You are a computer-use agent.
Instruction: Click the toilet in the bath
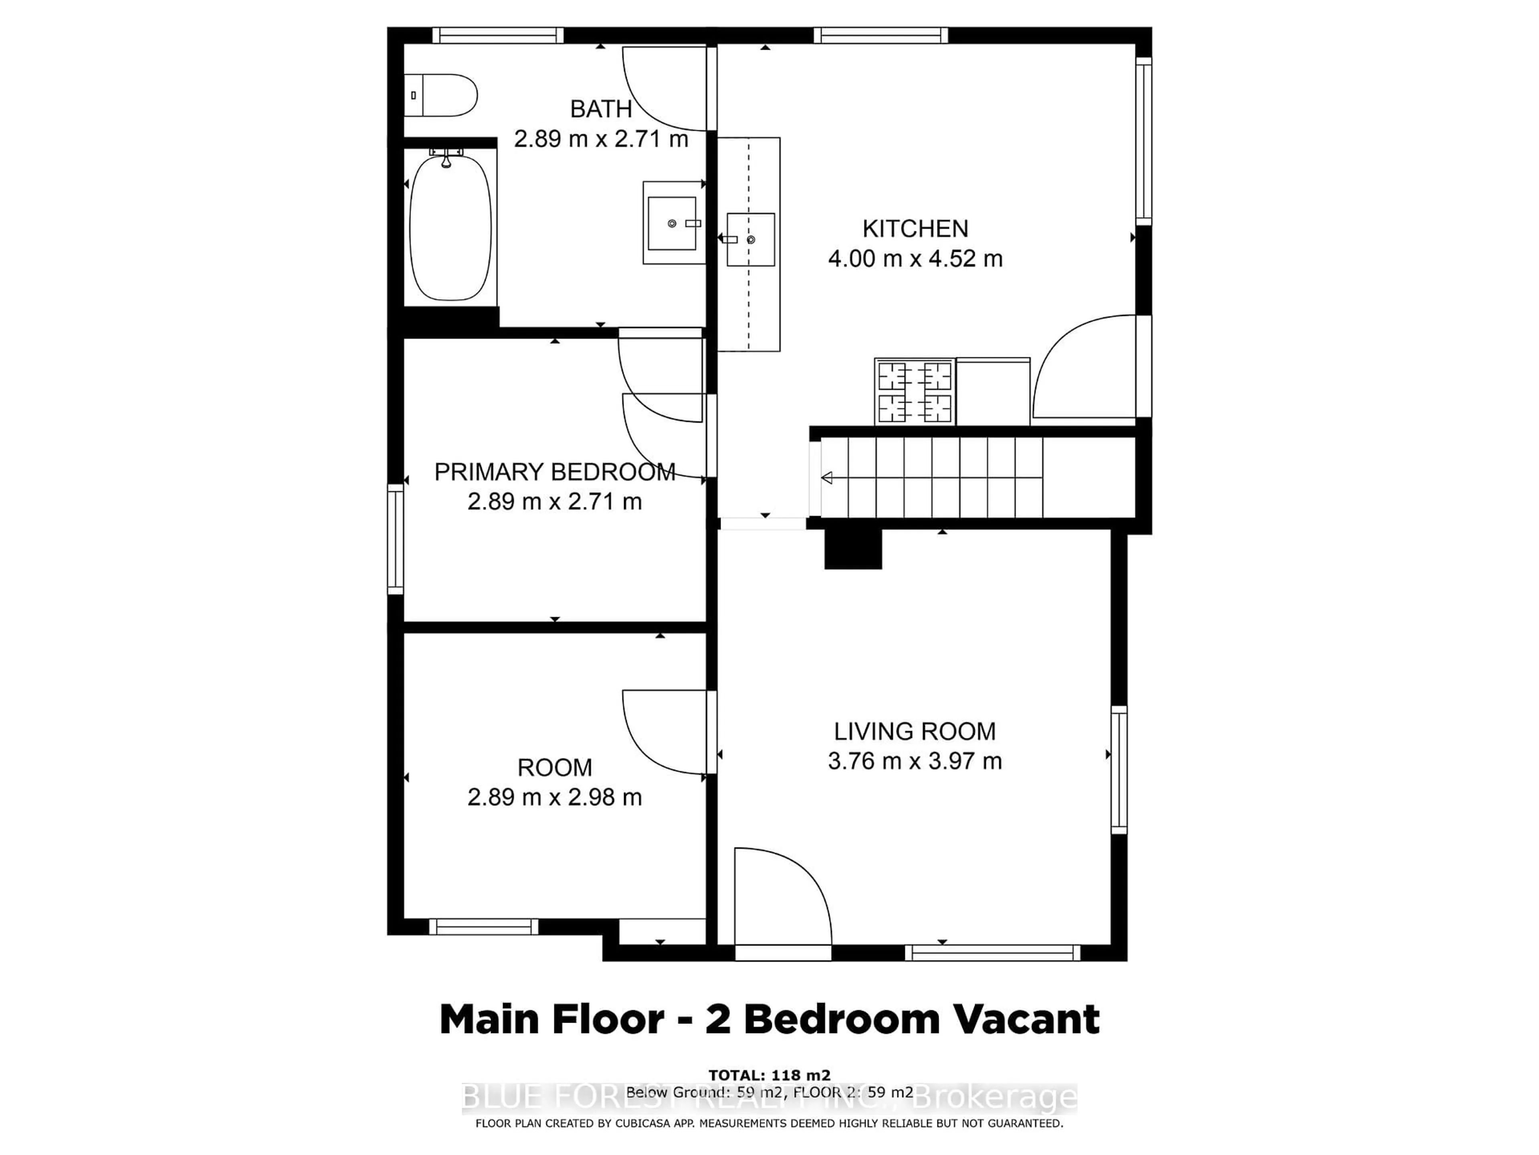[x=442, y=95]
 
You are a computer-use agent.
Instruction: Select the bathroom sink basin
[x=671, y=223]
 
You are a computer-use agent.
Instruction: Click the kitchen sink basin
[x=751, y=239]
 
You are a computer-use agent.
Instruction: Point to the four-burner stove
[x=914, y=392]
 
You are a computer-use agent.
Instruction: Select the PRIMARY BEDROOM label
[x=555, y=472]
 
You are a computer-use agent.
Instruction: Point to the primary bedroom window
[x=395, y=539]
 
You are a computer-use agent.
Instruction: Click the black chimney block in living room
[x=853, y=549]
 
